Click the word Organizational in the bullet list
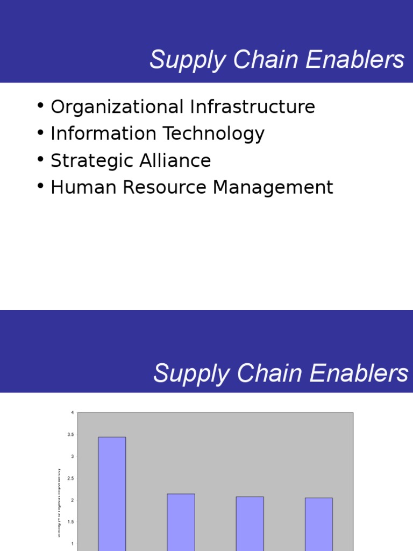point(117,107)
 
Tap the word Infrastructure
point(252,107)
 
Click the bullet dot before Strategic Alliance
point(41,159)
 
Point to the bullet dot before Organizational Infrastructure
point(41,105)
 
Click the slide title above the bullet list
point(276,60)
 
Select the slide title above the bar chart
point(280,373)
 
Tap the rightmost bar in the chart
point(318,524)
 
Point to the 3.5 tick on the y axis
point(70,435)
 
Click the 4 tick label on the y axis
point(72,413)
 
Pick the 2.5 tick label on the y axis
point(70,478)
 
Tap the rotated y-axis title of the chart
point(59,503)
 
